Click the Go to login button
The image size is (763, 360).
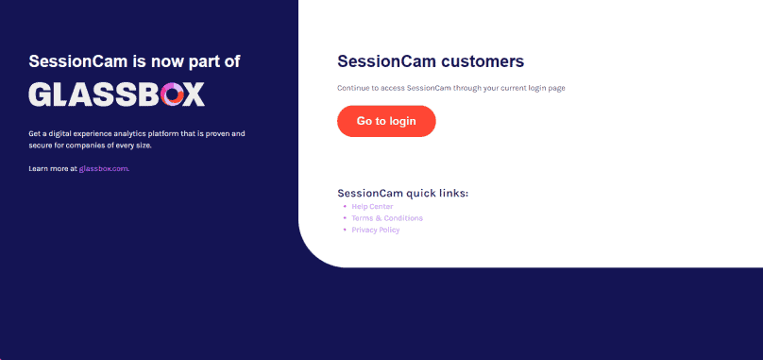click(386, 121)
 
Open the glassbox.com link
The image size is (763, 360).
click(104, 169)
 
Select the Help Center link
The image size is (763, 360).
click(372, 206)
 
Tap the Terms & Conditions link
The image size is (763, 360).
click(387, 218)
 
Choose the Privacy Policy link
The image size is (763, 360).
click(376, 230)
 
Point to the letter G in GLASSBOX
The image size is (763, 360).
click(42, 94)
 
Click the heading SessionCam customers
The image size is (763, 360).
click(431, 62)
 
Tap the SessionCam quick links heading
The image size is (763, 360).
click(403, 194)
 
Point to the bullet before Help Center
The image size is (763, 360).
click(345, 206)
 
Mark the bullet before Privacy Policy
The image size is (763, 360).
click(345, 230)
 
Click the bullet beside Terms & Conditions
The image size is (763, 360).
click(345, 218)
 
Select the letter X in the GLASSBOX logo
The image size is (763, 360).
click(194, 94)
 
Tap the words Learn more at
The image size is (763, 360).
click(53, 169)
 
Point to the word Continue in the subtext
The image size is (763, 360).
click(353, 88)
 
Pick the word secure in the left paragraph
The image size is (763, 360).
click(42, 146)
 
